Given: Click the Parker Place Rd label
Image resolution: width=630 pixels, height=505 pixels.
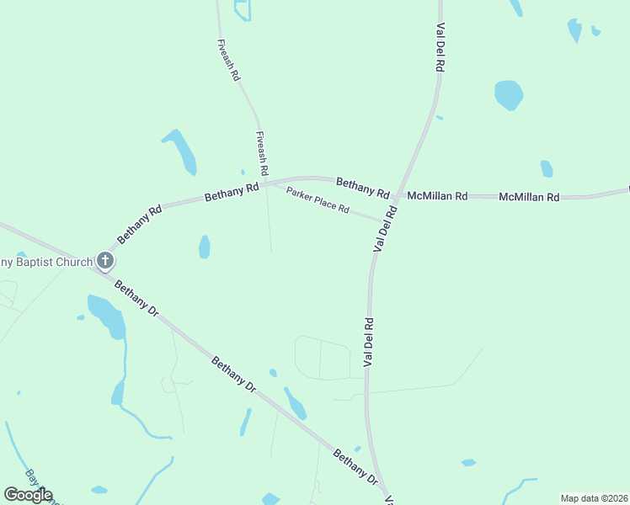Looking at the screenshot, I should [x=317, y=200].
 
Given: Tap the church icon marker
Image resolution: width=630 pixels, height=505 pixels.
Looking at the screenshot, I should [x=105, y=261].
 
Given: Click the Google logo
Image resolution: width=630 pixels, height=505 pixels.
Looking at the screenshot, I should [x=28, y=495].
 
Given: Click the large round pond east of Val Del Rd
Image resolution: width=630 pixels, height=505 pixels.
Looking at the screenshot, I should [x=509, y=94].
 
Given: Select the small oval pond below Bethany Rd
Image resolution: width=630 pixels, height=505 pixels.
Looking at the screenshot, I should [x=204, y=247].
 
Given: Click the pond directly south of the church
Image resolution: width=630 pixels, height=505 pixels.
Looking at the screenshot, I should [x=107, y=316].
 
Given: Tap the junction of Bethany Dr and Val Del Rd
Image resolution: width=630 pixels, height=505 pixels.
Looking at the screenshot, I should [x=386, y=492].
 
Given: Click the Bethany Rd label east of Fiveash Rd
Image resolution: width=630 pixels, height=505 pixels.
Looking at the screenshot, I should [x=362, y=186].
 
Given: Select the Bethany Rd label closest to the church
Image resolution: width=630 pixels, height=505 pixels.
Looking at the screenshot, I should [x=140, y=223].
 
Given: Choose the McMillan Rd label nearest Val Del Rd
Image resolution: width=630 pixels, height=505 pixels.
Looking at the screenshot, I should [x=437, y=196].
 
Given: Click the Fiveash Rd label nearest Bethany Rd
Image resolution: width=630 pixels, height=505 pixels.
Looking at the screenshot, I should [x=263, y=153].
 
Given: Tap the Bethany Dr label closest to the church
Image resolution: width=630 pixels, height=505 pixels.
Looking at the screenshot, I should [x=136, y=298].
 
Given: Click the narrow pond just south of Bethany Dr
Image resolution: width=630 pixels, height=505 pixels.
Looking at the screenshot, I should [x=295, y=404].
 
